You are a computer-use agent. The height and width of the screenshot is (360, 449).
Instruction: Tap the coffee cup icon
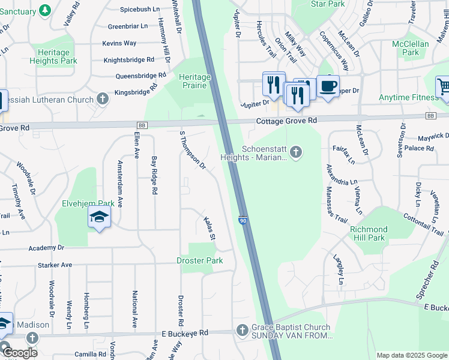328,86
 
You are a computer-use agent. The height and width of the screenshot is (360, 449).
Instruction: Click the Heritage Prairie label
194,81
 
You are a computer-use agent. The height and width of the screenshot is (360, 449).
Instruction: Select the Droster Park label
199,260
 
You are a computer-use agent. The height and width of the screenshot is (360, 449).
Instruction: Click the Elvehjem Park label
88,203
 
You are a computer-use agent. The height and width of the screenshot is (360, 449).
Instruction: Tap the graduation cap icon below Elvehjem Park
100,217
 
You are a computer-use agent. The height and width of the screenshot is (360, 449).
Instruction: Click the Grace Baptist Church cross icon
242,330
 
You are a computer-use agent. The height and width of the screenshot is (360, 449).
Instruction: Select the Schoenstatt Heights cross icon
295,151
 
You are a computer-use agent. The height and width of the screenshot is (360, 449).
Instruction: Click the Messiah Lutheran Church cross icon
103,98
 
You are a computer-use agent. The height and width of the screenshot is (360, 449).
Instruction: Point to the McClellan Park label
410,49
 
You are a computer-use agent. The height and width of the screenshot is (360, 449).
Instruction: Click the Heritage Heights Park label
53,56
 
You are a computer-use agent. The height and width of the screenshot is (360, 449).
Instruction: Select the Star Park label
328,4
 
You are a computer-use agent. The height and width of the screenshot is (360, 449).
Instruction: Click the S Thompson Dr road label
193,149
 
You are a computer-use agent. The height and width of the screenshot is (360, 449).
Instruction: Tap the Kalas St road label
209,229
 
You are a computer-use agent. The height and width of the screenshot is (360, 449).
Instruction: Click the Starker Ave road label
55,265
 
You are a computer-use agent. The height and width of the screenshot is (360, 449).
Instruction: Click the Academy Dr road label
46,247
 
